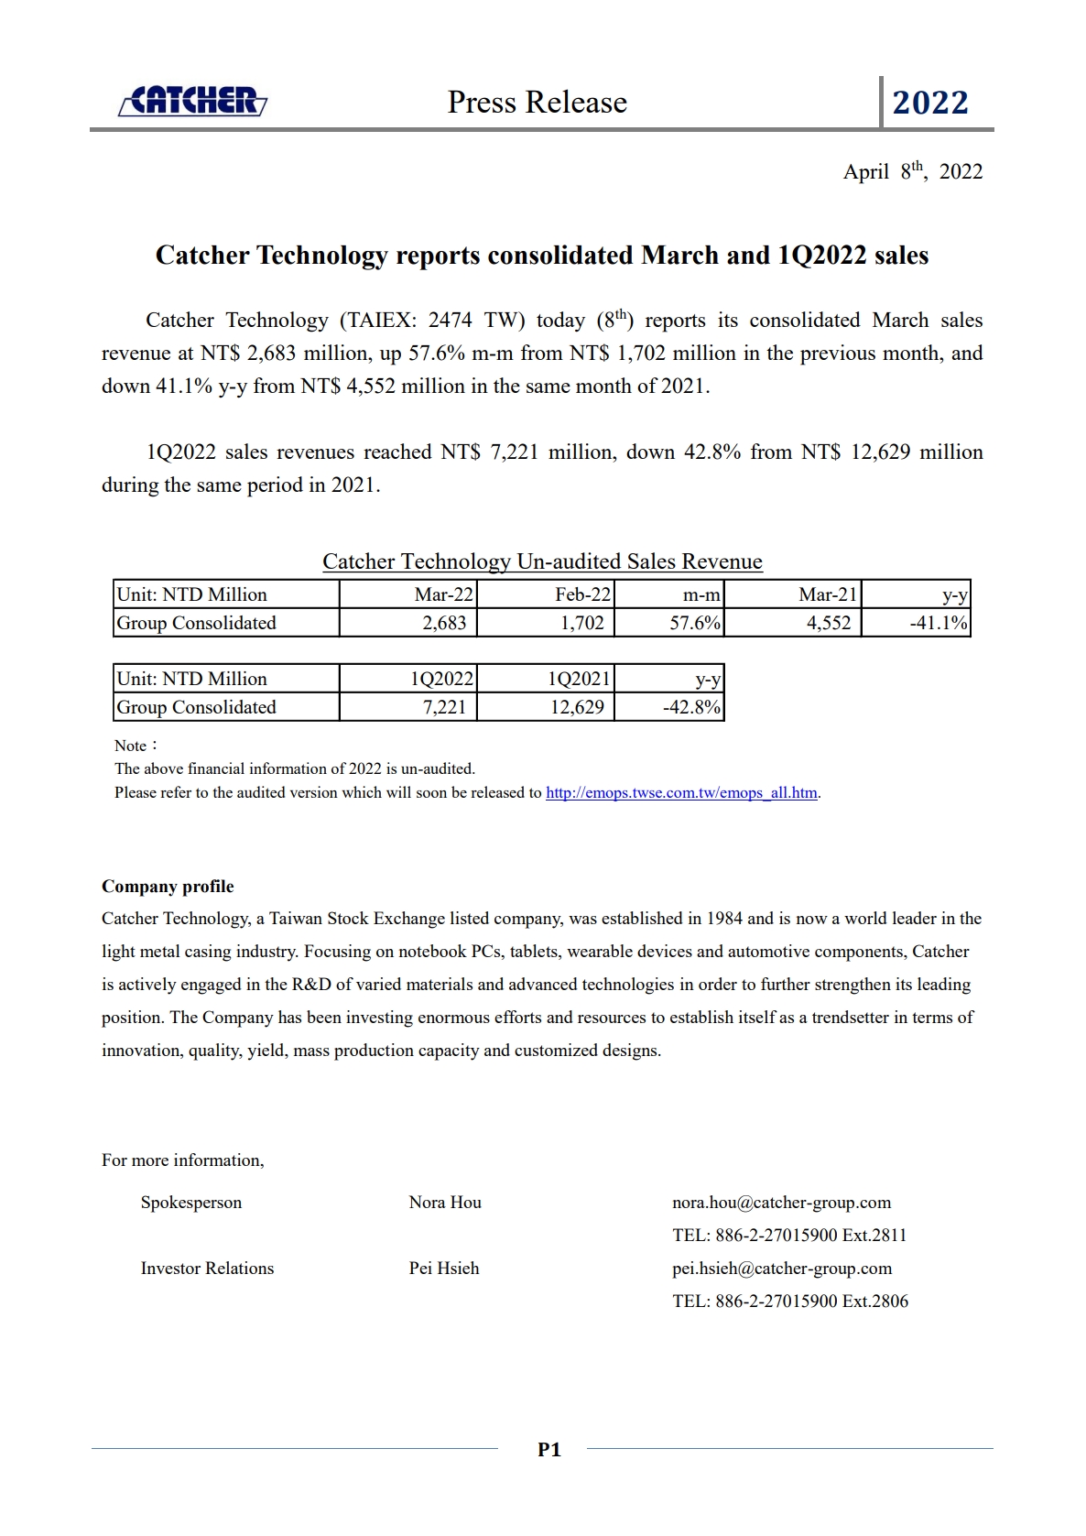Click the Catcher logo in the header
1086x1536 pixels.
tap(192, 101)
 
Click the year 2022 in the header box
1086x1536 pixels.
tap(929, 103)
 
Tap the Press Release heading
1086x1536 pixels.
tap(537, 103)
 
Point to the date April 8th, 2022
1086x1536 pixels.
tap(912, 171)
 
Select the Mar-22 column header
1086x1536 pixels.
tap(443, 594)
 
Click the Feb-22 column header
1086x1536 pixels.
tap(582, 594)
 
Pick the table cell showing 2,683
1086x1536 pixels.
tap(444, 623)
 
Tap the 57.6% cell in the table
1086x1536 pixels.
tap(694, 623)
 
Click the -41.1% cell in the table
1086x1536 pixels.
tap(938, 623)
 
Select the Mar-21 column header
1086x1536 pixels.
tap(828, 594)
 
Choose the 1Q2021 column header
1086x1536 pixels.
tap(578, 679)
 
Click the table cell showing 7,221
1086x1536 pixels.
tap(444, 707)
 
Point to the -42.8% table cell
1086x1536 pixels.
tap(691, 707)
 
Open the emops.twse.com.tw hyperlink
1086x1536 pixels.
tap(681, 792)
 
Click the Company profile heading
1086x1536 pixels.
tap(168, 886)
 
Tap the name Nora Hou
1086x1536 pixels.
tap(445, 1202)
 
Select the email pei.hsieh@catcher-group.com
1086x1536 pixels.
tap(782, 1268)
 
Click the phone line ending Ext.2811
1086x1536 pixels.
tap(789, 1235)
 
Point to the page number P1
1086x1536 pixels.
tap(548, 1449)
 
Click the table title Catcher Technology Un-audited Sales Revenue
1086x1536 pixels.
tap(542, 561)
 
